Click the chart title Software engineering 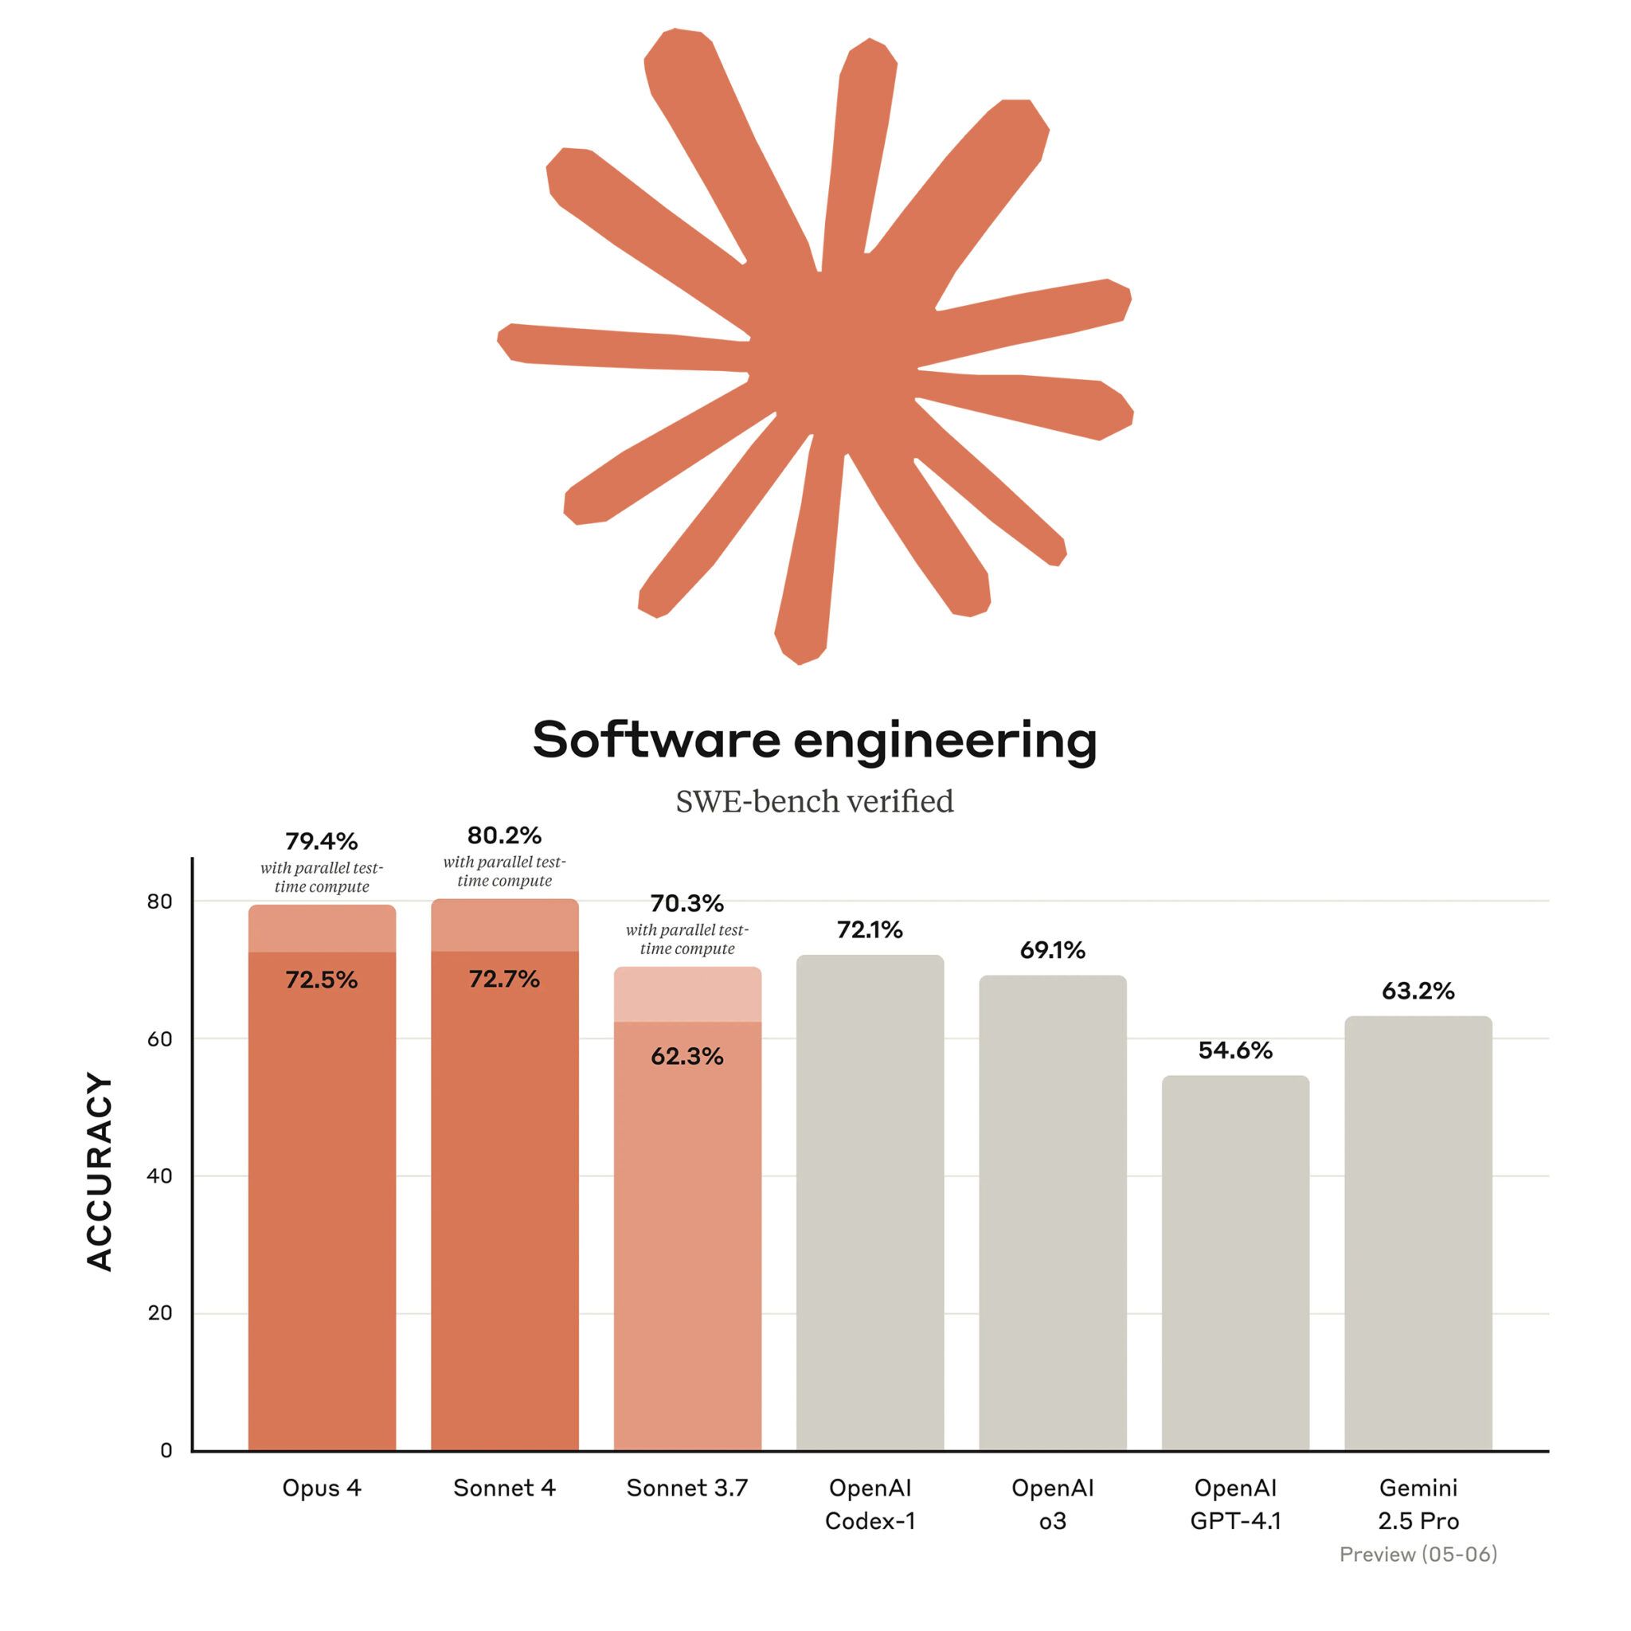tap(815, 741)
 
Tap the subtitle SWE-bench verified tap(815, 801)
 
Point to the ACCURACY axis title tap(100, 1172)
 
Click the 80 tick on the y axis tap(159, 902)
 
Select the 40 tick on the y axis tap(159, 1176)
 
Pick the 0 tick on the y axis tap(166, 1450)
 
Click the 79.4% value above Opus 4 tap(322, 842)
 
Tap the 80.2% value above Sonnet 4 tap(504, 835)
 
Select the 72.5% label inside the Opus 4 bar tap(322, 980)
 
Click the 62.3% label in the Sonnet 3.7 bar tap(687, 1057)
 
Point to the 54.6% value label tap(1235, 1050)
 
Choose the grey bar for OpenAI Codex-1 tap(870, 1207)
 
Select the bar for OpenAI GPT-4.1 tap(1235, 1266)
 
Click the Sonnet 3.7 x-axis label tap(687, 1488)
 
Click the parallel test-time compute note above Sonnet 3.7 tap(687, 940)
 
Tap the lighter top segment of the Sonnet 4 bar tap(504, 925)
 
